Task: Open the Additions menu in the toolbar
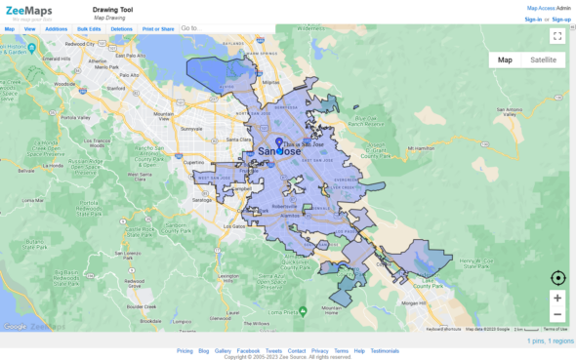[57, 29]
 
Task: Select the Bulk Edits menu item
[89, 29]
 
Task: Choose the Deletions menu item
[122, 29]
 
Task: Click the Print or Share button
[158, 29]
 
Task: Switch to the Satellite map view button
[543, 60]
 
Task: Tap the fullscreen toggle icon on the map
[556, 36]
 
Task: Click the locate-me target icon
[557, 278]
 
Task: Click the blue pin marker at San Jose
[279, 144]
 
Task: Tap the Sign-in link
[533, 19]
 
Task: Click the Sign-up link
[561, 19]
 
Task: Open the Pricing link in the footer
[185, 350]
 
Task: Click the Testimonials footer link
[384, 350]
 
